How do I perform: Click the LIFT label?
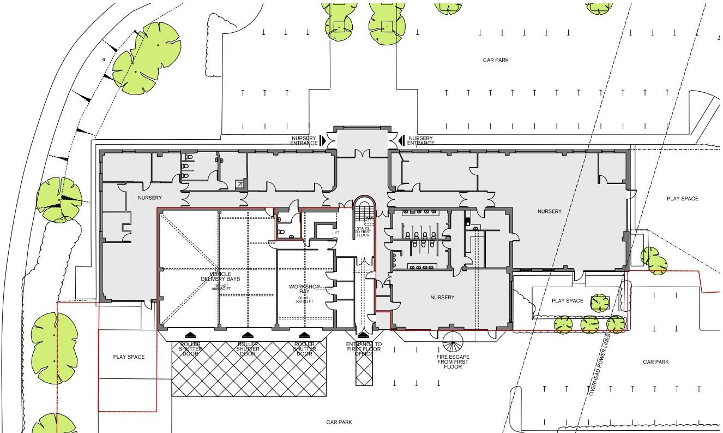tap(336, 233)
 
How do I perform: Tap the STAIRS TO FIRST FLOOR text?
tap(363, 232)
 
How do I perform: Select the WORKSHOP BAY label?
tap(304, 289)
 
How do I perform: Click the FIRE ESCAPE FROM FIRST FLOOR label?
tap(453, 361)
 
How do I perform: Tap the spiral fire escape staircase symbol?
tap(452, 342)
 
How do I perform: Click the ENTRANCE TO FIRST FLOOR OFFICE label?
tap(364, 349)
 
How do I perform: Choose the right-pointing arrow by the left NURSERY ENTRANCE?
tap(323, 141)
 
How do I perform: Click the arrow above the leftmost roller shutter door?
tap(190, 335)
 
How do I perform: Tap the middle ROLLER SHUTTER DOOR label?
tap(248, 349)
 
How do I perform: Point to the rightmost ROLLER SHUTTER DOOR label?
tap(304, 349)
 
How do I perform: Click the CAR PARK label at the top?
tap(495, 60)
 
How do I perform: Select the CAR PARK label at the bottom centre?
tap(339, 422)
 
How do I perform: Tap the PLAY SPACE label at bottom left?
tap(129, 357)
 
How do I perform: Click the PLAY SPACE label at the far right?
tap(682, 199)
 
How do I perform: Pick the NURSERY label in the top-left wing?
tap(149, 198)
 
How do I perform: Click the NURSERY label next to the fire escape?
tap(442, 298)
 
